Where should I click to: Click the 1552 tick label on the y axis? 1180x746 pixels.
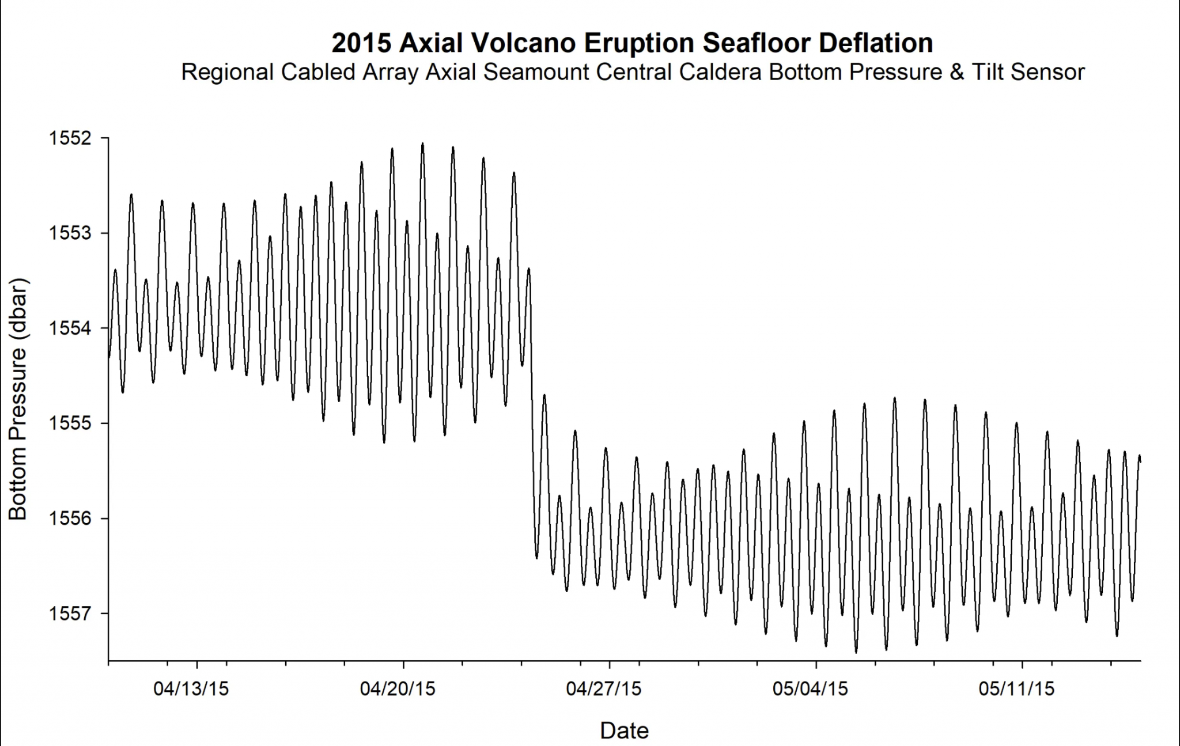point(70,138)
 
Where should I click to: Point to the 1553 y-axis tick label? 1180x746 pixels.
point(70,233)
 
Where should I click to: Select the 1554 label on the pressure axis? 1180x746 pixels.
point(70,328)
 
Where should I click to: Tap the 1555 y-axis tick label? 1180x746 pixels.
point(70,423)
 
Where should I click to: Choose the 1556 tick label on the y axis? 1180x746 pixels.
point(70,518)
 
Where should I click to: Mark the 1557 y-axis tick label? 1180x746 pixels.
point(70,614)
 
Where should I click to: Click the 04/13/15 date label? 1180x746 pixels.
point(191,688)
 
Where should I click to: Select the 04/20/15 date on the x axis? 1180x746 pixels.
point(398,688)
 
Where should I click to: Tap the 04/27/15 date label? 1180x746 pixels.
point(603,688)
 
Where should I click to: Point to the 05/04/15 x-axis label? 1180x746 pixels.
point(810,688)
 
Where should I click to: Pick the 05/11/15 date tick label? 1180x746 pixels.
point(1016,688)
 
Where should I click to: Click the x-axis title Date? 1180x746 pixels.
point(624,730)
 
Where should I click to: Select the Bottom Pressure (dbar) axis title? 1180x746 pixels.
point(18,399)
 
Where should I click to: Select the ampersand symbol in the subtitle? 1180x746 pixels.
point(956,73)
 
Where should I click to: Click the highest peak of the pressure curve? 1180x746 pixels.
point(422,144)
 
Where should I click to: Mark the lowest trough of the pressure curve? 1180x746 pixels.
point(856,652)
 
